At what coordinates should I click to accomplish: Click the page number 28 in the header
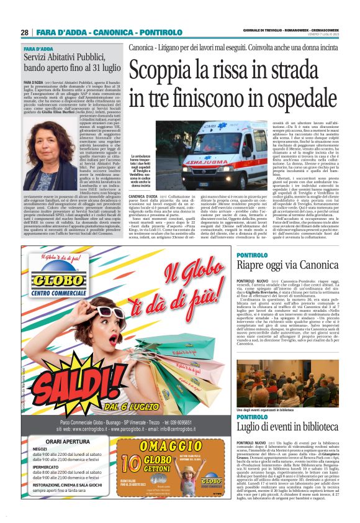click(25, 32)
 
